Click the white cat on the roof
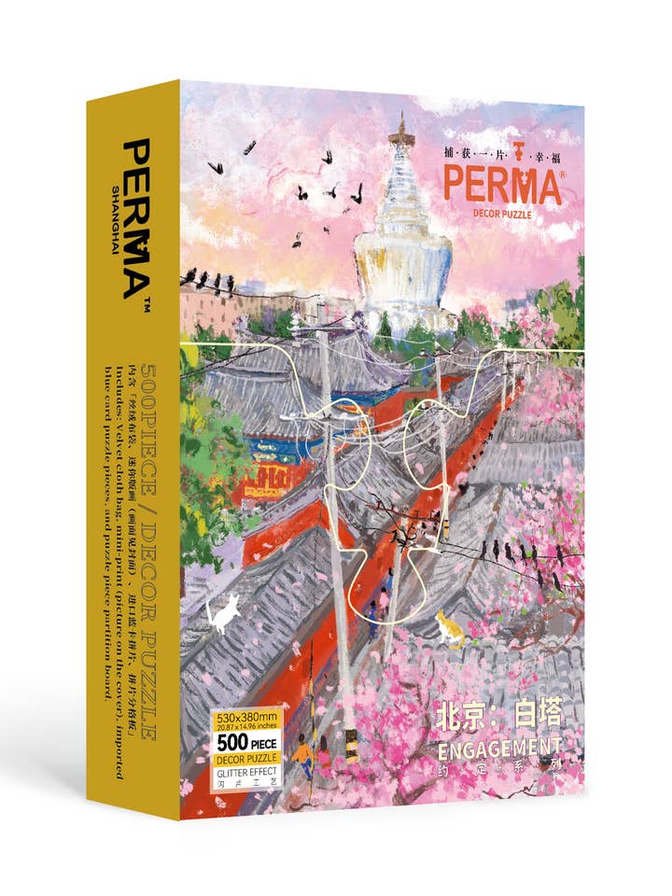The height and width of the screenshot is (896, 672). (x=224, y=614)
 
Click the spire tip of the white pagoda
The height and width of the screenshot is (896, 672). (x=402, y=120)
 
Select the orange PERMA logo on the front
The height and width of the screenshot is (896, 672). (x=501, y=185)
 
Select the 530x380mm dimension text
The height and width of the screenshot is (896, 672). (x=247, y=718)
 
